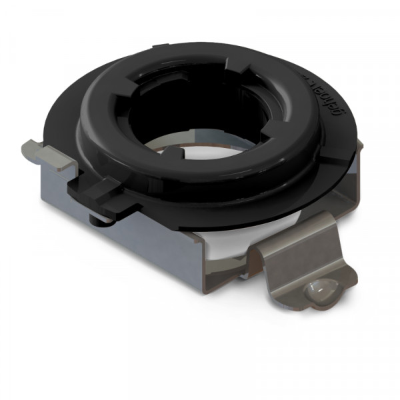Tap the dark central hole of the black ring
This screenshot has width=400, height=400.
[200, 113]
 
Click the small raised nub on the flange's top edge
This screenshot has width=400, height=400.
[161, 47]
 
